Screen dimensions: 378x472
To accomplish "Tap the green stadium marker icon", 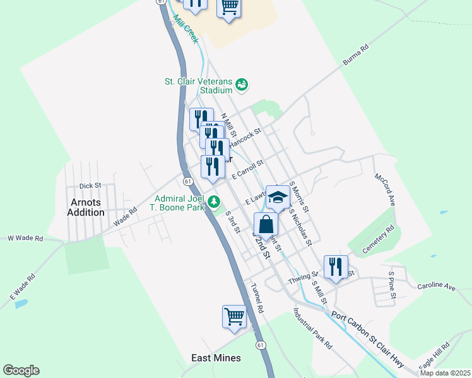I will click(241, 84).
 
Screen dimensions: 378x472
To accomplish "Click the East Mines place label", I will click(216, 358).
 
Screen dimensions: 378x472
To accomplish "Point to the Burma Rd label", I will click(355, 55).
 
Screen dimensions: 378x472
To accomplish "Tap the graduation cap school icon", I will click(276, 198).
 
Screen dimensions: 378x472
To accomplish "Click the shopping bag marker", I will click(266, 224).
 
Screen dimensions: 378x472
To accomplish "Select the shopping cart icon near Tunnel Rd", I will click(234, 316).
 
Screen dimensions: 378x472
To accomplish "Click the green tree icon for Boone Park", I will click(215, 202).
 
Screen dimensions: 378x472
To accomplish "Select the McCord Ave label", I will click(384, 190).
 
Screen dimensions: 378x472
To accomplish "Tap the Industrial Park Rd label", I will click(312, 328).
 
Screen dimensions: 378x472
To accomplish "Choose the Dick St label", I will click(90, 186).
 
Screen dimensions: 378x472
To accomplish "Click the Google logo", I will click(21, 370).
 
